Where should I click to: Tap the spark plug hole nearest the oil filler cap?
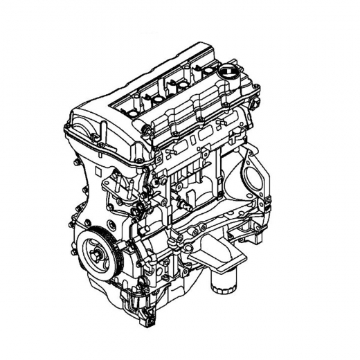click(x=208, y=69)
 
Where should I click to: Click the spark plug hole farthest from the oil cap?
click(x=129, y=109)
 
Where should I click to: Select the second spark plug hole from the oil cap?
click(x=182, y=83)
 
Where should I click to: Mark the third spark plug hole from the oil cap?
click(x=156, y=97)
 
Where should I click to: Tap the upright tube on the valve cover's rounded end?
click(x=105, y=126)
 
